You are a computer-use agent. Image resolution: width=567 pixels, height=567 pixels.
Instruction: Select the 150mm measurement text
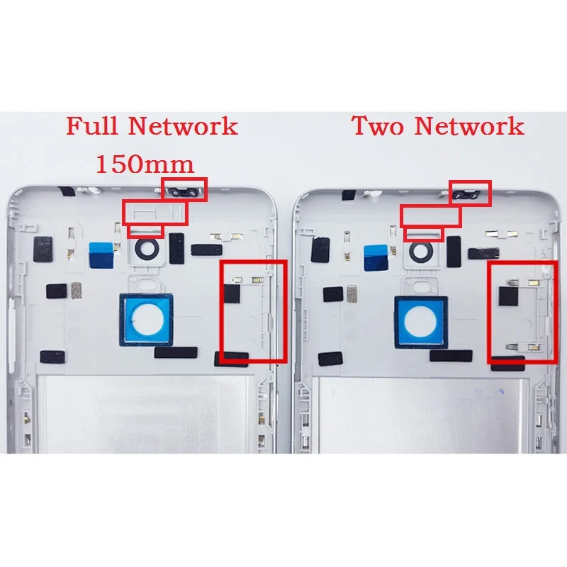tap(145, 164)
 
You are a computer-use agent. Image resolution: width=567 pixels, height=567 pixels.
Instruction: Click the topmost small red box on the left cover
tap(184, 189)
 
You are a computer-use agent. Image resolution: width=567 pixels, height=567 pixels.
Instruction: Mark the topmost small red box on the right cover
tap(471, 192)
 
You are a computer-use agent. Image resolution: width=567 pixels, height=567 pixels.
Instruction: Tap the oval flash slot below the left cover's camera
tap(148, 286)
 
